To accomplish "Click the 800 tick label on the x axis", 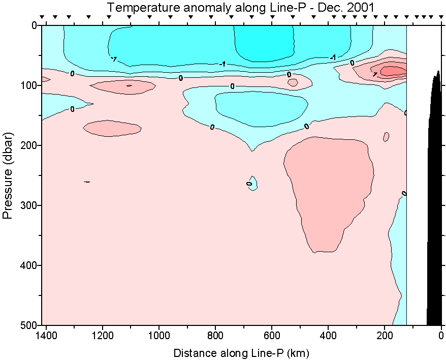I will pos(216,336).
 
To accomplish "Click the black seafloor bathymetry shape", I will pos(434,203).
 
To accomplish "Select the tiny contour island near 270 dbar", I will pos(252,183).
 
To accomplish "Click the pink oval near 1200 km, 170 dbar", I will pos(112,128).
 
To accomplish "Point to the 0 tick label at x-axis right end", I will pos(441,336).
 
